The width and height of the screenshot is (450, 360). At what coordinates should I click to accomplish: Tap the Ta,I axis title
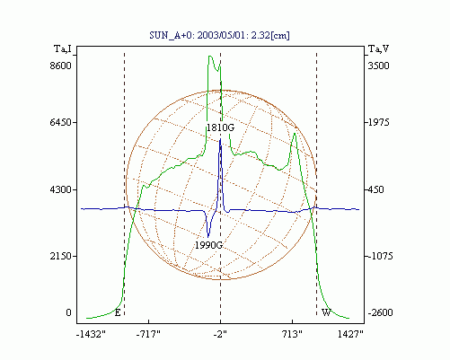(x=63, y=48)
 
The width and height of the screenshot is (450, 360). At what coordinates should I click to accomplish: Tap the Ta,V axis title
(x=378, y=48)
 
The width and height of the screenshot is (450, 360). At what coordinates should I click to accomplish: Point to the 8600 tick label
(x=61, y=66)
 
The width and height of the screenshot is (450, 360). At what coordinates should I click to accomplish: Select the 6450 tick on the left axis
(x=61, y=122)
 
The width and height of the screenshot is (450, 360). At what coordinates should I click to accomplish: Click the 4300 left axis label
(x=61, y=189)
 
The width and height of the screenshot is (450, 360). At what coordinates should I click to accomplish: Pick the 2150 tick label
(x=61, y=256)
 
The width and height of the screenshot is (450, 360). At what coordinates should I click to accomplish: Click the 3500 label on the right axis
(x=378, y=66)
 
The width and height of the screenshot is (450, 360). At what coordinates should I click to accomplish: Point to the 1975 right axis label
(x=378, y=122)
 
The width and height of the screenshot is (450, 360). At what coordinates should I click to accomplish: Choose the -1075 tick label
(x=380, y=256)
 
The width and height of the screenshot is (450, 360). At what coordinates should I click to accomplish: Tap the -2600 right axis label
(x=380, y=312)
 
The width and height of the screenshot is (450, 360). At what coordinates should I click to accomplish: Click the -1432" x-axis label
(x=91, y=334)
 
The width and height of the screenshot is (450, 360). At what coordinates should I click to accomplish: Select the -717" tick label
(x=148, y=334)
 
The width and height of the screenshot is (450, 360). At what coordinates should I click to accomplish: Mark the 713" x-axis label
(x=292, y=334)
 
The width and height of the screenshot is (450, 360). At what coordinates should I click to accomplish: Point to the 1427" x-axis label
(x=350, y=334)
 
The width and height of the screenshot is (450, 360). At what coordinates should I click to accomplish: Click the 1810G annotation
(x=220, y=127)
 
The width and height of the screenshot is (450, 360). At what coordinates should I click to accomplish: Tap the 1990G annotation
(x=208, y=245)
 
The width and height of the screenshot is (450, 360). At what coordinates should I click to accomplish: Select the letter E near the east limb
(x=118, y=313)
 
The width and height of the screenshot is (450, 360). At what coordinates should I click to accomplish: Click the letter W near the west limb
(x=326, y=313)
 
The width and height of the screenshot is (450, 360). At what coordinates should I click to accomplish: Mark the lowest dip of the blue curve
(x=208, y=237)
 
